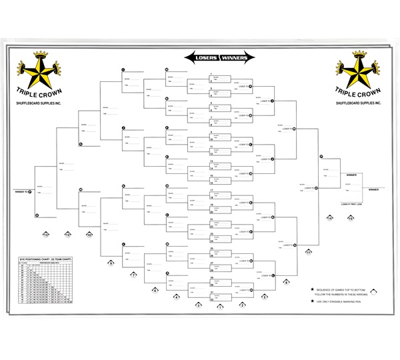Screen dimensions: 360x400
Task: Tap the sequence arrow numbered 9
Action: pos(111,264)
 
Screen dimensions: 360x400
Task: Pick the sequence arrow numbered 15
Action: pos(351,219)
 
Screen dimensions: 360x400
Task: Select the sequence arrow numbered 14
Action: pos(329,219)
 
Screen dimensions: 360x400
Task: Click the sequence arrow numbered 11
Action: pos(309,253)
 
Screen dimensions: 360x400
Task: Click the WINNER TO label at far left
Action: pos(22,191)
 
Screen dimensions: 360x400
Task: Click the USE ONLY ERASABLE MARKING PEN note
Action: pos(343,304)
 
